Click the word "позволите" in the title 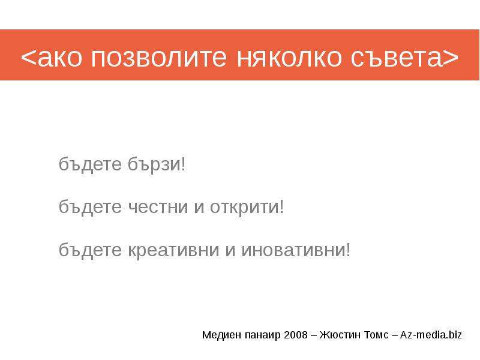coord(159,57)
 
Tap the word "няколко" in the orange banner coord(289,57)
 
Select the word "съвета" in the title coord(397,57)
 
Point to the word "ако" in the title coord(59,57)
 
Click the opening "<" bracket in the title coord(28,57)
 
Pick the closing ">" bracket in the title coord(451,57)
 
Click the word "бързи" coord(155,164)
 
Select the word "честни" coord(158,207)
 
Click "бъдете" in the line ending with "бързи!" coord(90,164)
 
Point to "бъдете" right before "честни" coord(90,207)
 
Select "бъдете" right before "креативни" coord(90,250)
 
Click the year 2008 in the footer coord(296,335)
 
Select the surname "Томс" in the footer coord(376,335)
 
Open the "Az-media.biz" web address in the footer coord(431,335)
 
